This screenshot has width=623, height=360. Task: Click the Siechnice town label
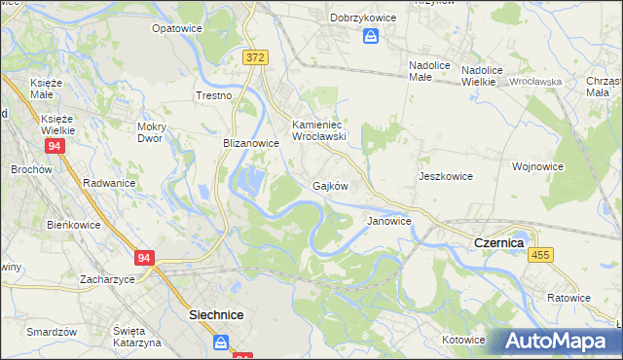215,315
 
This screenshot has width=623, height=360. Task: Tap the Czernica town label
498,242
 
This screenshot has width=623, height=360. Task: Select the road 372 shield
255,58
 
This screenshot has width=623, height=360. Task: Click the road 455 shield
542,254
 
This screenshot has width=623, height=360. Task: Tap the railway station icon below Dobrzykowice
371,36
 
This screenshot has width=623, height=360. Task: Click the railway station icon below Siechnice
221,342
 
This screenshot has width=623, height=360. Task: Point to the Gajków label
330,185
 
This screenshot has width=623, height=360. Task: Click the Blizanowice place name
251,142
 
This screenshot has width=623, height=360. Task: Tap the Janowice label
388,221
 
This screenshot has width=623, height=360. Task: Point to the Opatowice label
176,28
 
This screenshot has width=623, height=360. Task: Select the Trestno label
214,95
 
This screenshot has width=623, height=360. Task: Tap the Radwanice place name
109,183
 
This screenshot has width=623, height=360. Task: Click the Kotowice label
463,340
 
